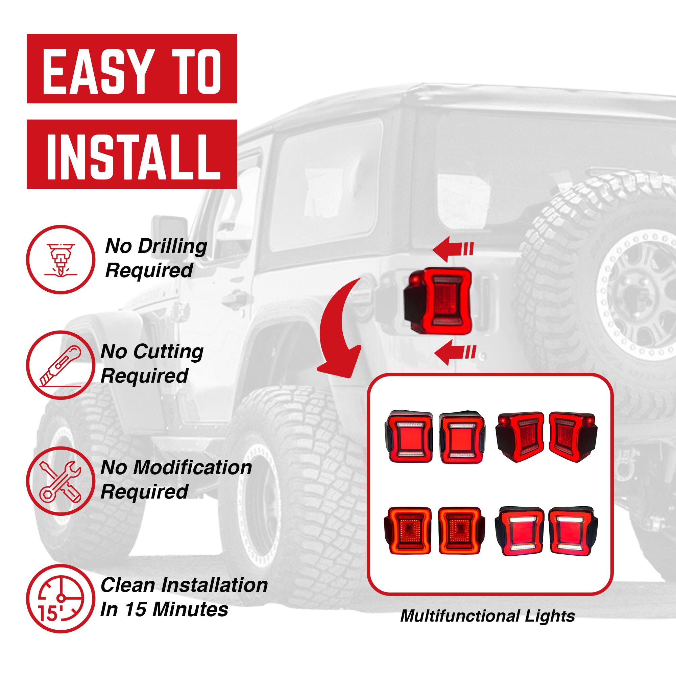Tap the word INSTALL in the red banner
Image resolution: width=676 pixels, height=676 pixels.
(132, 156)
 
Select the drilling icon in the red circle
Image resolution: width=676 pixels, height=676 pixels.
(61, 259)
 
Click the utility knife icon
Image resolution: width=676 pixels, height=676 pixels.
(61, 365)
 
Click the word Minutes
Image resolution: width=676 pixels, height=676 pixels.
(191, 609)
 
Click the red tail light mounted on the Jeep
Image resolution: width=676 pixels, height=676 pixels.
(438, 300)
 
